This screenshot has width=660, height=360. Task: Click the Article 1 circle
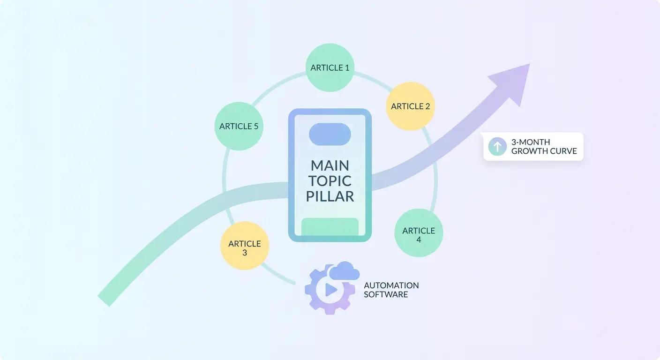click(330, 67)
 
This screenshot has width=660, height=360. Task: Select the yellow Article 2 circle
click(411, 106)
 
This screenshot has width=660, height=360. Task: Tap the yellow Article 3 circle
click(245, 246)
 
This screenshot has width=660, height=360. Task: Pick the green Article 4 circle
click(419, 232)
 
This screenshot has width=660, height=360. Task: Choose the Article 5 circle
click(239, 126)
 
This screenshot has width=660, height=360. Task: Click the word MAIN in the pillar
click(330, 165)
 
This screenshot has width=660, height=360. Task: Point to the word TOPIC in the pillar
click(330, 181)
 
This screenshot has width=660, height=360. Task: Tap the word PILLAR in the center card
click(330, 196)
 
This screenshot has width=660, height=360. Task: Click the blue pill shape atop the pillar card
click(330, 135)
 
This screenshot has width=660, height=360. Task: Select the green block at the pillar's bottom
click(330, 227)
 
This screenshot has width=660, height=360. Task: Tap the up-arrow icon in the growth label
click(497, 146)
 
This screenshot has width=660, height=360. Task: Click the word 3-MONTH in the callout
click(531, 142)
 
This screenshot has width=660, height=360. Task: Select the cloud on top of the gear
click(344, 271)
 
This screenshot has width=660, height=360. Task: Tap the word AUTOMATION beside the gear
click(391, 285)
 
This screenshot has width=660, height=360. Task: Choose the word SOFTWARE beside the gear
click(386, 294)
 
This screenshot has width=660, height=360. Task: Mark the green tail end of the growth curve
click(104, 300)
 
